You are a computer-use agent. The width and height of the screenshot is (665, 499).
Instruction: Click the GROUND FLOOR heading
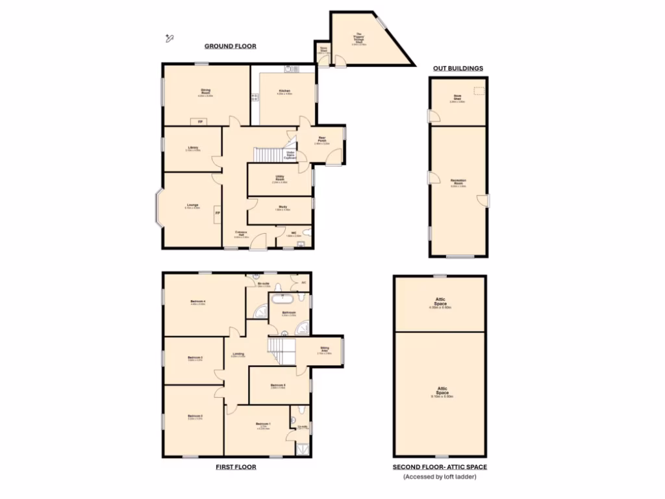(x=231, y=46)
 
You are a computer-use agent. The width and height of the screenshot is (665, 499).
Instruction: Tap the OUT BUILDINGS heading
(x=458, y=68)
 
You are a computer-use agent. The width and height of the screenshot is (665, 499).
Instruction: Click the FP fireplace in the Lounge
(x=218, y=213)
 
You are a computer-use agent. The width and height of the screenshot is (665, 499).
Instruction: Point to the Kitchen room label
(x=284, y=92)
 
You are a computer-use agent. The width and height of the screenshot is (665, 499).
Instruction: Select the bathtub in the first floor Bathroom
(x=282, y=300)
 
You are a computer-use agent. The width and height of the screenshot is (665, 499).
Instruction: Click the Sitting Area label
(x=325, y=351)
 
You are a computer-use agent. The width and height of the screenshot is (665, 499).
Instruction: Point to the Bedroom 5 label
(x=278, y=386)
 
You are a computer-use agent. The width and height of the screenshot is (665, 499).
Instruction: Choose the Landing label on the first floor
(x=238, y=355)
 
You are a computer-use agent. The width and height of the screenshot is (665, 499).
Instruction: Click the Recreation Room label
(x=458, y=182)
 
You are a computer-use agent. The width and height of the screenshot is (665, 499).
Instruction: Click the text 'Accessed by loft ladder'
(x=439, y=477)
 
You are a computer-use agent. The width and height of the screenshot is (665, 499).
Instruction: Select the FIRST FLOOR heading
(x=236, y=467)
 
